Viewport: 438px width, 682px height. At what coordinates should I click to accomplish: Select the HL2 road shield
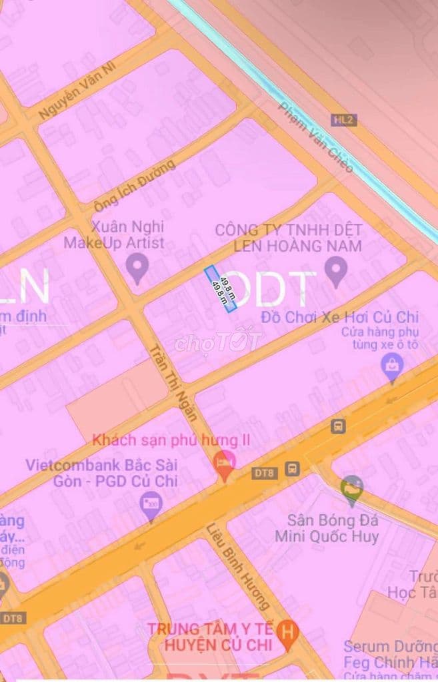[345, 120]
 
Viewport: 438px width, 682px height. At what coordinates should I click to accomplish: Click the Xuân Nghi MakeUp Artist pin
[137, 270]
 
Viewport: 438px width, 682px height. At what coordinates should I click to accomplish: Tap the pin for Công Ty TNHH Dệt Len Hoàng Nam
[336, 270]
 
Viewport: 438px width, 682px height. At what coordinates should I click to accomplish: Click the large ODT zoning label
[275, 290]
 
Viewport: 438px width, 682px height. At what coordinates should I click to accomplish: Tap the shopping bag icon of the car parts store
[392, 365]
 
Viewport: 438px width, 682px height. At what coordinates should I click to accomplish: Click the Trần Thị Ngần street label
[173, 382]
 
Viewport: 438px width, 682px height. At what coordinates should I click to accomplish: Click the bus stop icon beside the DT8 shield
[292, 468]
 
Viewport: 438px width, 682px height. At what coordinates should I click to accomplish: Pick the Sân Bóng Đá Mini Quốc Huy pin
[351, 489]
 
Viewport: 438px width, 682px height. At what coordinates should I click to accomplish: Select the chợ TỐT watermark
[218, 342]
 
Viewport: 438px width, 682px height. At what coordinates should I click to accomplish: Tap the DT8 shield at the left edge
[11, 618]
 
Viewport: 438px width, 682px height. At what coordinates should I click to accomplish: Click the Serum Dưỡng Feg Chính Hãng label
[390, 655]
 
